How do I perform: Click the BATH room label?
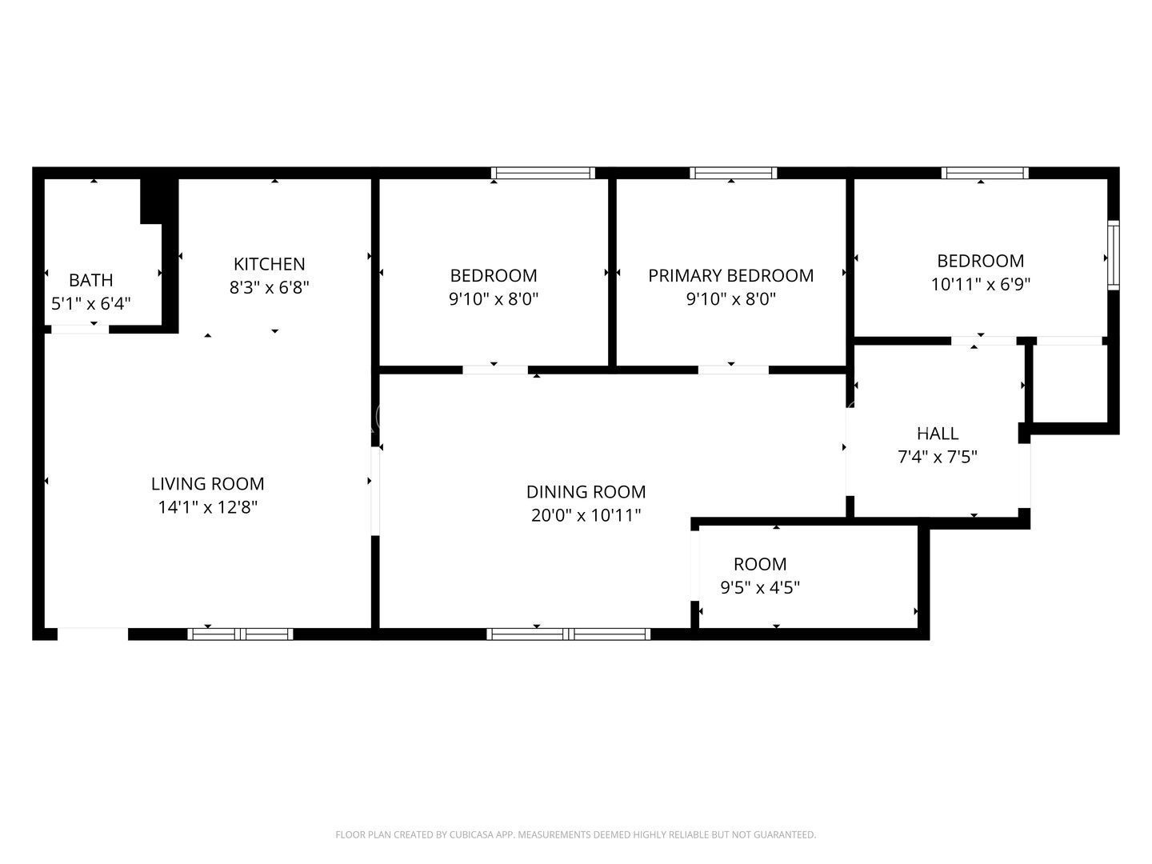[91, 280]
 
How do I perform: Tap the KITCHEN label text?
[269, 264]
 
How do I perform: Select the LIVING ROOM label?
[207, 483]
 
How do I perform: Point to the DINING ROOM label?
[586, 492]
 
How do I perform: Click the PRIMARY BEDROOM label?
[730, 275]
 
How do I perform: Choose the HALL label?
[938, 434]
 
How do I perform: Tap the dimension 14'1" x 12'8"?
[207, 507]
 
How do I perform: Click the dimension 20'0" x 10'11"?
[586, 516]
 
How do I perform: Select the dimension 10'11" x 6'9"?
[980, 284]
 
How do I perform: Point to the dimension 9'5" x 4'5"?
[760, 588]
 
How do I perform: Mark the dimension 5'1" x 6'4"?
[91, 304]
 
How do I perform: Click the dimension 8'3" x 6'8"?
[269, 287]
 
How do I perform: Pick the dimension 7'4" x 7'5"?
[938, 458]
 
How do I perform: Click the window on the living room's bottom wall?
[240, 634]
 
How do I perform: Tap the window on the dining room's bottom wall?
[568, 634]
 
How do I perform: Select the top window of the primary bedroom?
[734, 173]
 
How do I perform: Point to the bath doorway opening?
[80, 330]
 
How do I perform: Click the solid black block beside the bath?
[158, 200]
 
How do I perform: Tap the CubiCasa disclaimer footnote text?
[575, 834]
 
